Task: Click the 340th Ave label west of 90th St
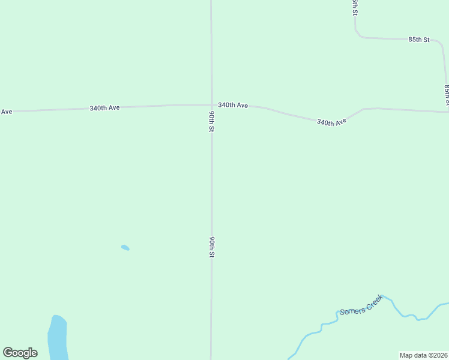coord(104,108)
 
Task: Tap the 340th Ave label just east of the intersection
coord(233,105)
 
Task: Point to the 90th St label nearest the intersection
coord(212,121)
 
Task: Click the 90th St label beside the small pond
coord(212,247)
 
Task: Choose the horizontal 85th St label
coord(419,40)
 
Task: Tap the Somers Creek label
coord(361,305)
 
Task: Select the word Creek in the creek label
coord(373,300)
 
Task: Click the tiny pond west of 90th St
coord(125,247)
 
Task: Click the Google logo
coord(20,353)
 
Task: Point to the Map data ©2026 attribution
coord(423,355)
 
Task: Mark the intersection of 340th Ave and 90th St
coord(211,104)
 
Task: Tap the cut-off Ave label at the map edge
coord(6,112)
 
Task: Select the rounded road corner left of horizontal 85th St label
coord(359,34)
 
